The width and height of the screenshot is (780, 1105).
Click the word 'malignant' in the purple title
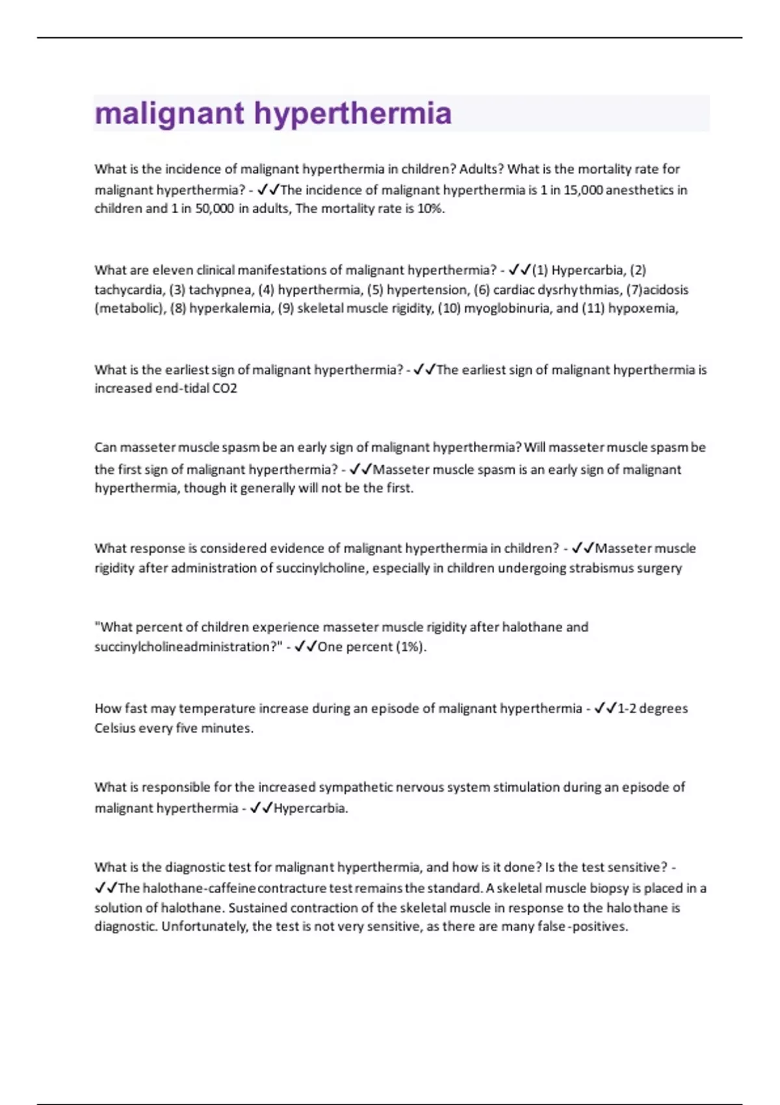point(170,114)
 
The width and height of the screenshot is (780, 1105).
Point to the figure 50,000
point(214,209)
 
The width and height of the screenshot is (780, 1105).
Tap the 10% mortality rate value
point(430,209)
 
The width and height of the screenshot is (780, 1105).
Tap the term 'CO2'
point(225,388)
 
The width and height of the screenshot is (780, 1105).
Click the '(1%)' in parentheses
point(411,647)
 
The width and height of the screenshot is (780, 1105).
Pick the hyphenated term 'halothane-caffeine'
point(200,888)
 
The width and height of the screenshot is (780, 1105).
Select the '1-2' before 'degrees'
point(627,708)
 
